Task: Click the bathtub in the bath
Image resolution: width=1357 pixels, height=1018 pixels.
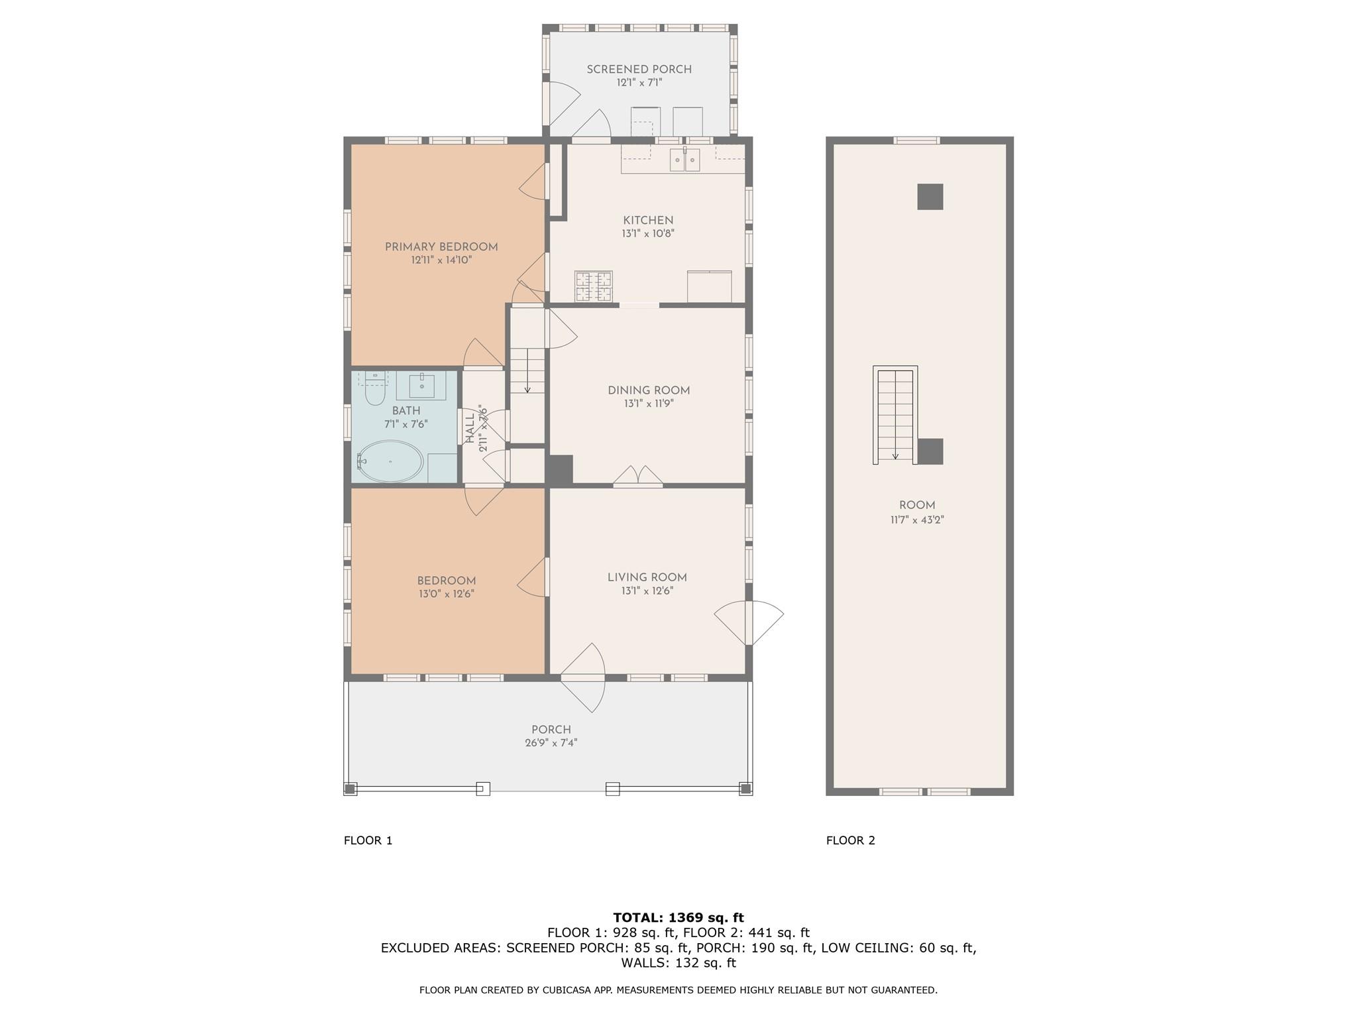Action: coord(390,461)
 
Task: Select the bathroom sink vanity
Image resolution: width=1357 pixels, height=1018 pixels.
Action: coord(421,385)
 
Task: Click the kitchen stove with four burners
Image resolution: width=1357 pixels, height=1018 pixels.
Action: coord(594,286)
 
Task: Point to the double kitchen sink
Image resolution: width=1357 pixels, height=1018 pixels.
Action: coord(684,160)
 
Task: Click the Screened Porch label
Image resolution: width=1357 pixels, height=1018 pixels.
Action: coord(639,69)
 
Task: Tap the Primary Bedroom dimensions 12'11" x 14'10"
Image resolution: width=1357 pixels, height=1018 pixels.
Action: coord(441,260)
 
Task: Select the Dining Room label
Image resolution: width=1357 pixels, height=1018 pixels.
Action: coord(649,390)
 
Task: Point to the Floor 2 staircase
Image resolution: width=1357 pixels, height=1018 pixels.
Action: coord(895,416)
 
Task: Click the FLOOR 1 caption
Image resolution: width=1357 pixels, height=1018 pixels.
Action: coord(368,840)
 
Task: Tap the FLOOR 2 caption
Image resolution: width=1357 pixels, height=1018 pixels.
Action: coord(850,840)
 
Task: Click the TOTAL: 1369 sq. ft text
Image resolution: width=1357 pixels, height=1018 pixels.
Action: coord(678,917)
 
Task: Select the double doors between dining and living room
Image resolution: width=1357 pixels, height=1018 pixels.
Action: coord(637,477)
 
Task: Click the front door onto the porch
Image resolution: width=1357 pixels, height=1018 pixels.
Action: coord(583,677)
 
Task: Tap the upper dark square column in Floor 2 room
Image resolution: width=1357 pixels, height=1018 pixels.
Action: coord(930,197)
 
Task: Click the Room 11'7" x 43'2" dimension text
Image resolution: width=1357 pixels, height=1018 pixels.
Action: coord(916,520)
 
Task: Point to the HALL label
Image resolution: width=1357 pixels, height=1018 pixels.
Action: coord(470,428)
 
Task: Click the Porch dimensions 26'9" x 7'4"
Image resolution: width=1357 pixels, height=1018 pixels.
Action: coord(551,743)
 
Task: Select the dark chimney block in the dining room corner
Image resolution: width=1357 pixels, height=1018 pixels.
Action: coord(559,470)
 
